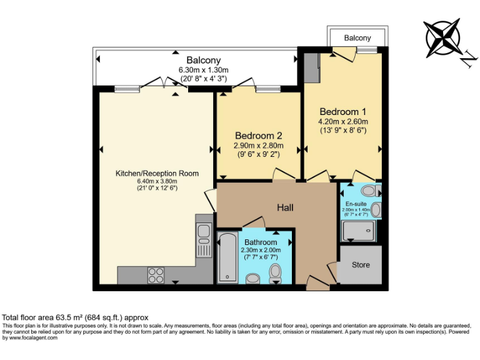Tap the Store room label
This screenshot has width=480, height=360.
click(x=361, y=265)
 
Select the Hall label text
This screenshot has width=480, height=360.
click(x=285, y=207)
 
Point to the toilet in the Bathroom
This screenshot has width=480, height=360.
click(x=275, y=272)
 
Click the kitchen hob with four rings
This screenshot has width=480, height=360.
click(x=156, y=275)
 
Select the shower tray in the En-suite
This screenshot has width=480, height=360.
click(x=359, y=231)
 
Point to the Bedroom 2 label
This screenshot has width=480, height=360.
click(x=258, y=136)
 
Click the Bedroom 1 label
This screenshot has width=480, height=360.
click(x=342, y=111)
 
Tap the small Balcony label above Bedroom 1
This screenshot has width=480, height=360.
click(x=357, y=38)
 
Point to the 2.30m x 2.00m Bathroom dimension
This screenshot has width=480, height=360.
click(x=261, y=251)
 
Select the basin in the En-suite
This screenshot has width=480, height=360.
click(x=375, y=210)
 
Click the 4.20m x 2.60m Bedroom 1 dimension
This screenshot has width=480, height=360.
click(x=342, y=121)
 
